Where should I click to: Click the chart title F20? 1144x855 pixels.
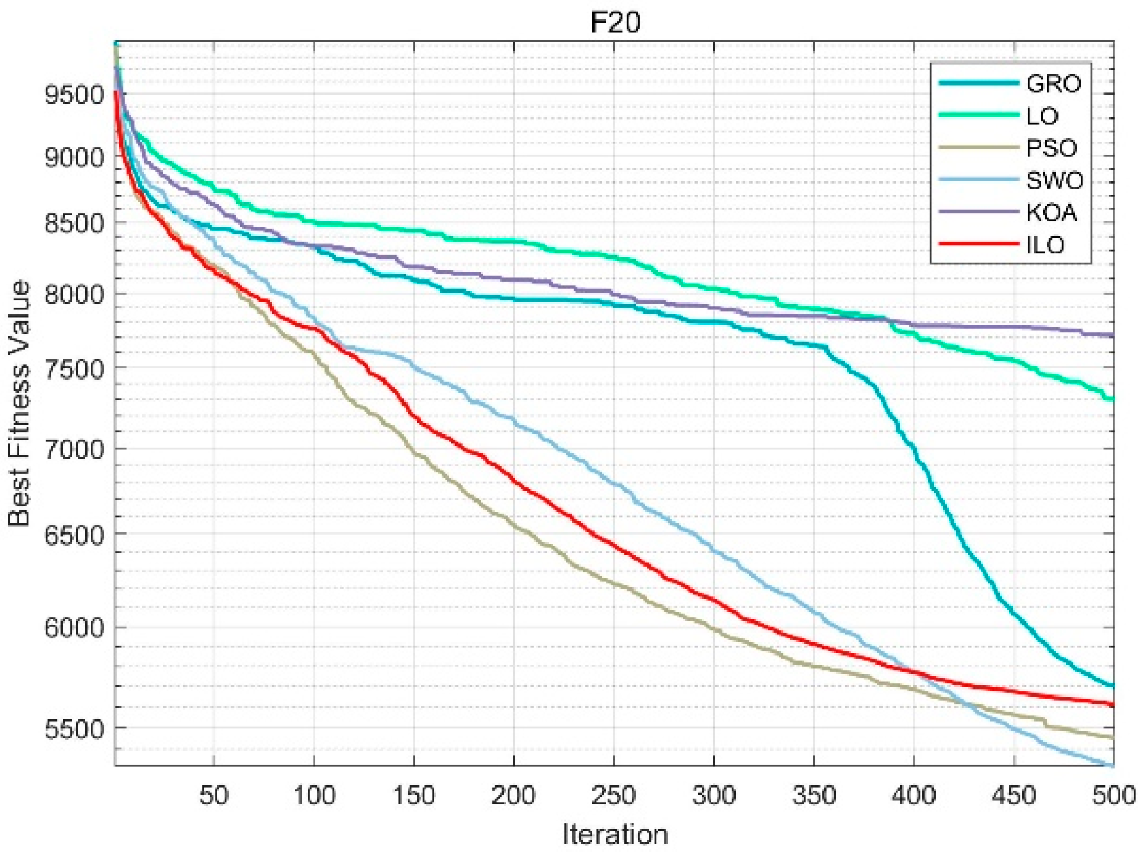[x=615, y=23]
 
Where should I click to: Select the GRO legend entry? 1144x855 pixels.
[x=1053, y=83]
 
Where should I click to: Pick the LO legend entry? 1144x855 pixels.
[x=1042, y=116]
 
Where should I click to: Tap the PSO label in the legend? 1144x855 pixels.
[x=1052, y=148]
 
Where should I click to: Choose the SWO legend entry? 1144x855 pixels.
[x=1054, y=181]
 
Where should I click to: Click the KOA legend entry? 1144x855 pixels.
[x=1052, y=213]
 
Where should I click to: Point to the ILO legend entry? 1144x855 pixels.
[x=1045, y=245]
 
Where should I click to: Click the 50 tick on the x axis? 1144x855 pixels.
[x=214, y=795]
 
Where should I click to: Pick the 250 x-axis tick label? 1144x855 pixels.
[x=614, y=795]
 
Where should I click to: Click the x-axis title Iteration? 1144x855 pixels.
[x=615, y=833]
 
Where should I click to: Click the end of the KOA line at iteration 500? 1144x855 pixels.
[x=1113, y=336]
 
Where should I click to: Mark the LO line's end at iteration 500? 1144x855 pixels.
[x=1113, y=399]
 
